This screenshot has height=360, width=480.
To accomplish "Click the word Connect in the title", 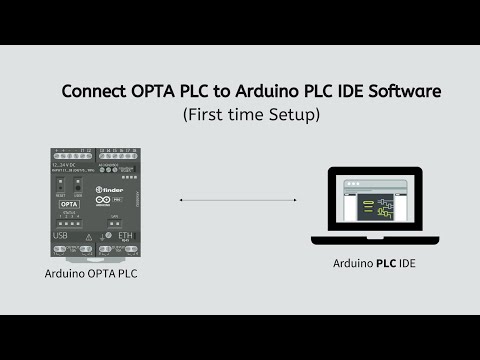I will [93, 91].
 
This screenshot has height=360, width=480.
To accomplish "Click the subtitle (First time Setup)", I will [250, 115].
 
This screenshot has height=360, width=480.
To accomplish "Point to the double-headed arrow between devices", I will [238, 201].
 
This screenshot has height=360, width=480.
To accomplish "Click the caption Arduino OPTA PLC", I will [90, 273].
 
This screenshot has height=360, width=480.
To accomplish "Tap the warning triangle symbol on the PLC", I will [89, 238].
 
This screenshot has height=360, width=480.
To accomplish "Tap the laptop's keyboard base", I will [376, 240].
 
